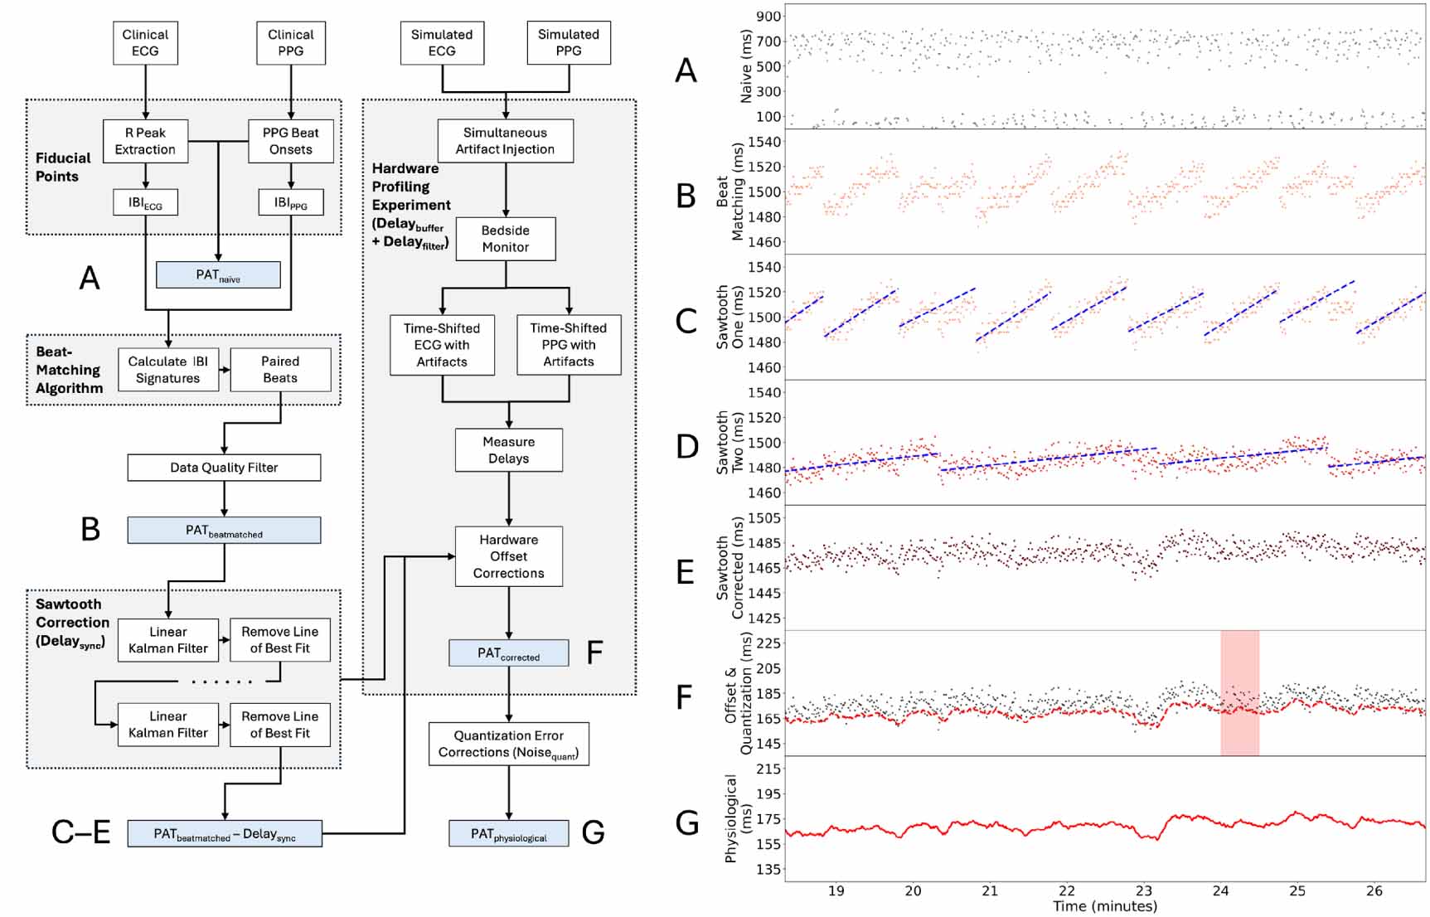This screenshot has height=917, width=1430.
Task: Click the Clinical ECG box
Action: coord(145,43)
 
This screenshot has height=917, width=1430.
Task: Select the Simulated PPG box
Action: coord(568,43)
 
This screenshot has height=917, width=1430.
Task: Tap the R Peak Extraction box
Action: coord(145,141)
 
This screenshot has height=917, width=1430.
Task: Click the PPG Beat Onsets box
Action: coord(290,141)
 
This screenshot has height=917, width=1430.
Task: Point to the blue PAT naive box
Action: coord(218,274)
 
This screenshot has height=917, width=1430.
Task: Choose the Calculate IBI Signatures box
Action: coord(167,370)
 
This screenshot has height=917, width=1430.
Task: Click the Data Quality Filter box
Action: coord(224,468)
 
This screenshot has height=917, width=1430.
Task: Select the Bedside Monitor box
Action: coord(505,239)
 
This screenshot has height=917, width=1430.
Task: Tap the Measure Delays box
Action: coord(508,450)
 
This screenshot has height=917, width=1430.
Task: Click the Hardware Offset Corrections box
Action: coord(508,556)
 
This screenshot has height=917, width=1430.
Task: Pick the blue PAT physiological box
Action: coord(508,834)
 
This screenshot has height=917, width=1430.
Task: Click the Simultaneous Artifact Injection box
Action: coord(505,141)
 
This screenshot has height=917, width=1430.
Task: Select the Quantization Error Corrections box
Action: coord(508,744)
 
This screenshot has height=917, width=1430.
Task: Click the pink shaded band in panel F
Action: coord(1239,692)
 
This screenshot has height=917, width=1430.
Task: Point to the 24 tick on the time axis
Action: coord(1220,891)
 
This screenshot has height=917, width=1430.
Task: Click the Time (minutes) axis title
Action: coord(1104,907)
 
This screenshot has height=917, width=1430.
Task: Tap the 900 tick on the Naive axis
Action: coord(768,17)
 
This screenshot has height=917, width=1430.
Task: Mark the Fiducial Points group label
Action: coord(63,167)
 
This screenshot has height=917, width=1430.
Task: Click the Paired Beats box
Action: coord(280,370)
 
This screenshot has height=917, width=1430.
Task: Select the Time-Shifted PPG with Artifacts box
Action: coord(568,345)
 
